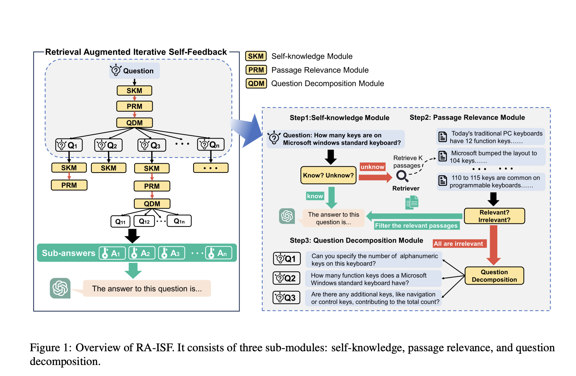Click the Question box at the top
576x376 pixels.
134,71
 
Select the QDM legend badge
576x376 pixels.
256,84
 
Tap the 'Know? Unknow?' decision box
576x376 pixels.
328,175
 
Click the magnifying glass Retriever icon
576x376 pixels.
402,176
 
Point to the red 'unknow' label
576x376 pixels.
372,167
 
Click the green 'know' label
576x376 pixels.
315,196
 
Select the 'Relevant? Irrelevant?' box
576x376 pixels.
494,216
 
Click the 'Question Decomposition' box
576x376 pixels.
494,276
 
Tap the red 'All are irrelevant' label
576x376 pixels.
459,244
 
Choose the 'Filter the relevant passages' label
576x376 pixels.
416,225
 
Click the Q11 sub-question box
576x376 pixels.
120,221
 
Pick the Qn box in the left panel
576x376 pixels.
211,145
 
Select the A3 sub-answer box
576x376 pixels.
171,253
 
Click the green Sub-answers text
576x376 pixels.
68,253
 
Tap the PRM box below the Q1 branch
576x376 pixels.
69,185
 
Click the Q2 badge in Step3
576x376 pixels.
286,278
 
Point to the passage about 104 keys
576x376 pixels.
491,157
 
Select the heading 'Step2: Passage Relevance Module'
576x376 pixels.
467,118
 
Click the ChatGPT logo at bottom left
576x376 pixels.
60,288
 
